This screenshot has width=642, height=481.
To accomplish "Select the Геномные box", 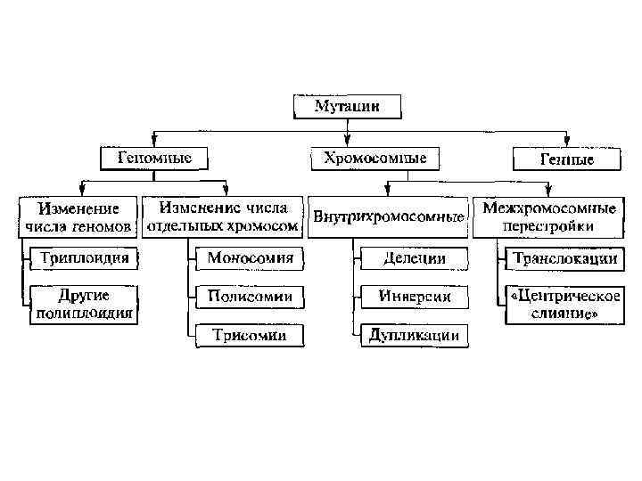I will pyautogui.click(x=155, y=159).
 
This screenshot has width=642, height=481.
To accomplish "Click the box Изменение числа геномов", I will pyautogui.click(x=78, y=217).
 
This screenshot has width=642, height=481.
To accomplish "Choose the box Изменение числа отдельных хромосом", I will pyautogui.click(x=221, y=217).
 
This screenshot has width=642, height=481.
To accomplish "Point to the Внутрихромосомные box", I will pyautogui.click(x=388, y=217).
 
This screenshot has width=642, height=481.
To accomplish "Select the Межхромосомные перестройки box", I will pyautogui.click(x=549, y=217).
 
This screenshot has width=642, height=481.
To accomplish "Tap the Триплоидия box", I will pyautogui.click(x=84, y=259).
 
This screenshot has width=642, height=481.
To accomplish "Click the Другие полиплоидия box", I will pyautogui.click(x=84, y=304).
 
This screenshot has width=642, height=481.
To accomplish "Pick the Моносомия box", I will pyautogui.click(x=247, y=259).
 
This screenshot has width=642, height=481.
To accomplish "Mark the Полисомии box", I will pyautogui.click(x=247, y=297).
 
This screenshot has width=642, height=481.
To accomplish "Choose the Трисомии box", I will pyautogui.click(x=248, y=335).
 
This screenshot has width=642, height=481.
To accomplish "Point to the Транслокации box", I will pyautogui.click(x=564, y=259).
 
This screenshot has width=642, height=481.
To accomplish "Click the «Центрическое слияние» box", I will pyautogui.click(x=564, y=304).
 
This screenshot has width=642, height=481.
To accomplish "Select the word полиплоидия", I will pyautogui.click(x=84, y=313).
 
